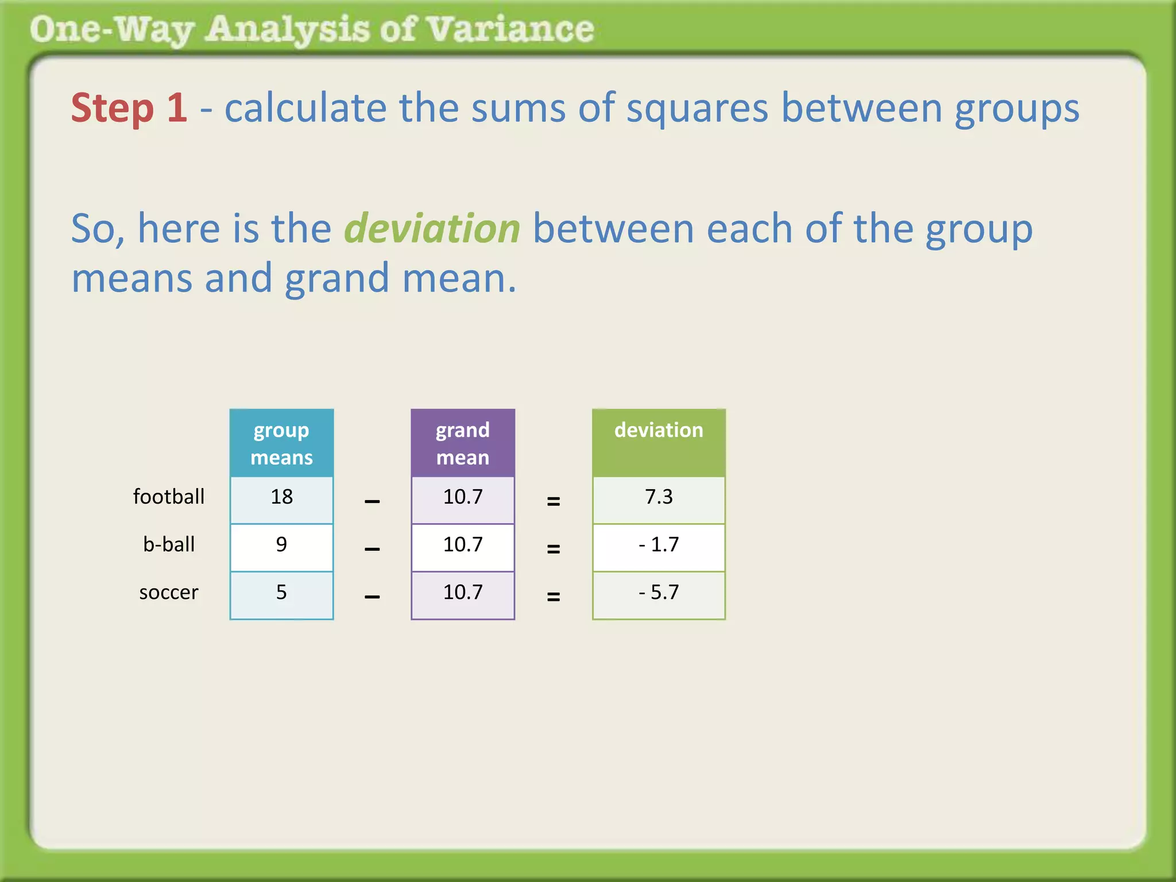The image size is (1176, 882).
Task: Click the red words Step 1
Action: (129, 108)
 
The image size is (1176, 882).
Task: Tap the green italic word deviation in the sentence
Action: (432, 229)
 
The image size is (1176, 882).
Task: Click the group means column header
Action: (281, 443)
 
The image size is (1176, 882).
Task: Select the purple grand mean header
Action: (463, 443)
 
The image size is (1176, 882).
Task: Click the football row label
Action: (169, 497)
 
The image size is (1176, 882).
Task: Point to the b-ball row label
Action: (169, 544)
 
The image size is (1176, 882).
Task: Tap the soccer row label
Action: (169, 592)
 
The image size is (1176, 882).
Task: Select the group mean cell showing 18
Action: (281, 497)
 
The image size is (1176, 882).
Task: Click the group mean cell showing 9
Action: (281, 545)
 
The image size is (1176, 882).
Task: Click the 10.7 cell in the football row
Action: (463, 497)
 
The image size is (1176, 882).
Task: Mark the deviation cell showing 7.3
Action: (659, 497)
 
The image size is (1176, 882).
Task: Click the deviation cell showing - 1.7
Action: (659, 545)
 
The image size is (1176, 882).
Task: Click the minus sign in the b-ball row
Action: (372, 549)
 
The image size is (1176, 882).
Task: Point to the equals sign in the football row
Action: (554, 501)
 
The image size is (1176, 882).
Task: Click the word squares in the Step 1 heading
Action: (697, 108)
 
